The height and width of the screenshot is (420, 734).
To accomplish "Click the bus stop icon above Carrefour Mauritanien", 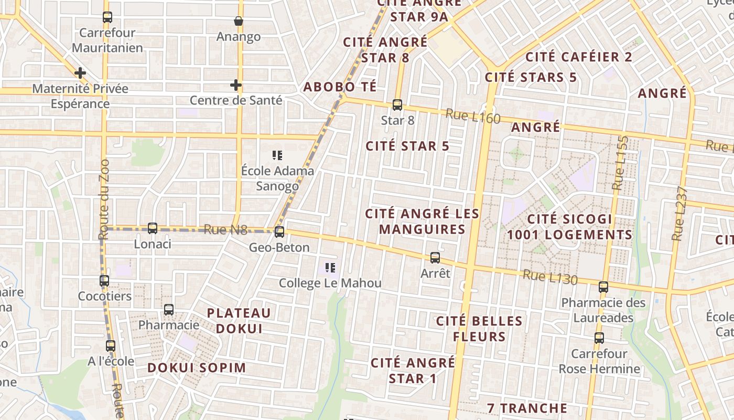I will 107,17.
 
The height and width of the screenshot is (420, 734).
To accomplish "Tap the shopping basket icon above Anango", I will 239,21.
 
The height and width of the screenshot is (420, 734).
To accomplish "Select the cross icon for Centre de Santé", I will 236,85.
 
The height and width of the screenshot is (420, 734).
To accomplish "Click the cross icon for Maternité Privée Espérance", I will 80,73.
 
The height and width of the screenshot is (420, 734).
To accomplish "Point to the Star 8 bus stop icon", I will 397,105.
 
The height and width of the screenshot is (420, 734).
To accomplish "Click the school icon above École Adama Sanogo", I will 277,155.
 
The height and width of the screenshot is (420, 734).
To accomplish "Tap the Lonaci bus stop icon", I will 153,228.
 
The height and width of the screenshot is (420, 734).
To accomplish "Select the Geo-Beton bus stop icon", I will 279,232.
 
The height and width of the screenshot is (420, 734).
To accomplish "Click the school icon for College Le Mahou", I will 330,268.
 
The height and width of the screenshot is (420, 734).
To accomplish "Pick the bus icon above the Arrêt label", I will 435,258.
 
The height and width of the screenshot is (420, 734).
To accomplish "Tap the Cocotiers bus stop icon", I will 104,281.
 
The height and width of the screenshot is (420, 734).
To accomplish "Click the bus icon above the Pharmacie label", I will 169,310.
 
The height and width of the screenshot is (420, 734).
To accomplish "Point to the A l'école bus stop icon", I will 111,346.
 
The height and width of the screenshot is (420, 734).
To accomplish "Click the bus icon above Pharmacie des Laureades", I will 603,287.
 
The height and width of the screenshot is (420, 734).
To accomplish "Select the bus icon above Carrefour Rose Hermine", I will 599,338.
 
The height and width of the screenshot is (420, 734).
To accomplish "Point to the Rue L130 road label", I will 550,277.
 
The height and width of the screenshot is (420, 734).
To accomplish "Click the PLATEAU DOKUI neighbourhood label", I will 239,321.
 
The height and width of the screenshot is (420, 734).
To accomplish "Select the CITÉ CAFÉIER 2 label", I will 579,57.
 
